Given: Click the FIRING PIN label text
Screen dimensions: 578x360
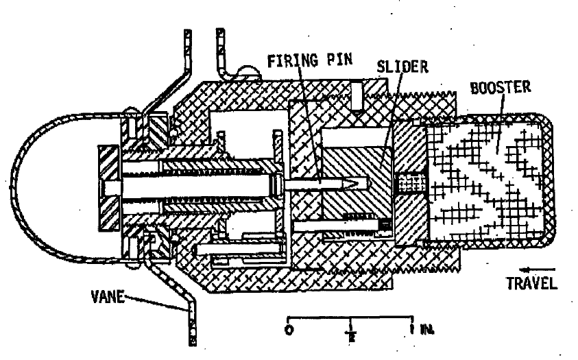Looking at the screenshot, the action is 309,61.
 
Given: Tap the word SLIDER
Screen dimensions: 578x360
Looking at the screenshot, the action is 402,67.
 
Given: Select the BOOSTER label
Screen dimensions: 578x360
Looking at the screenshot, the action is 501,88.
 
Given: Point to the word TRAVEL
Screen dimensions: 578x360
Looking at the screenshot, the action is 532,283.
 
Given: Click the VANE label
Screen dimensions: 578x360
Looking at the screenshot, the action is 107,296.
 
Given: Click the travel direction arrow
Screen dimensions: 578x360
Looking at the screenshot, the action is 537,269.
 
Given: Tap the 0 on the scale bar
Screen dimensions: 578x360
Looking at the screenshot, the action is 289,330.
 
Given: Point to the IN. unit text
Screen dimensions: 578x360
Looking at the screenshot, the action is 427,329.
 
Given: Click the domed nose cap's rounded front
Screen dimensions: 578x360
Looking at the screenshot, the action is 14,186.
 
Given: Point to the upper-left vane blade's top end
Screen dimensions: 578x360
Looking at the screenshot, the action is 188,32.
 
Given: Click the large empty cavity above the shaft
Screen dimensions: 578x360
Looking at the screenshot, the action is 247,128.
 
